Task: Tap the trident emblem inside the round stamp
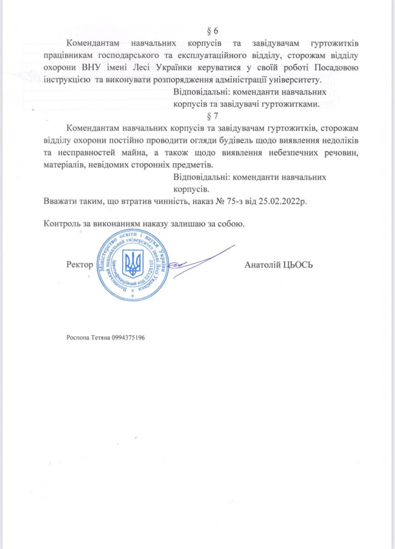(133, 264)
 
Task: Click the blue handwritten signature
(197, 261)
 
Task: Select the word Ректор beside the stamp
(80, 265)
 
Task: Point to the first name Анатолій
(261, 265)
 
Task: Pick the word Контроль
(65, 223)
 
